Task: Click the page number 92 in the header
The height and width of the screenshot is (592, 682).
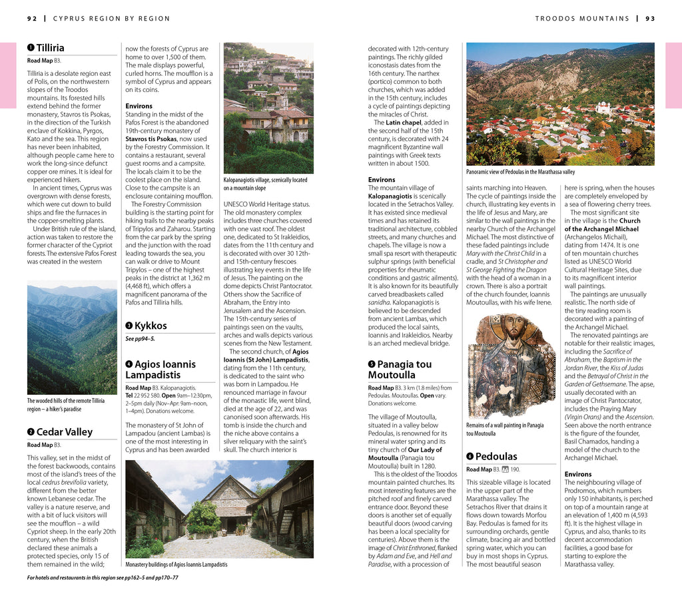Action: (x=32, y=19)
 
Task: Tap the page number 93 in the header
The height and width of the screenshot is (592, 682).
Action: (x=649, y=19)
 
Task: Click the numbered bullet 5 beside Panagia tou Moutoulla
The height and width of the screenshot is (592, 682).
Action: (x=372, y=364)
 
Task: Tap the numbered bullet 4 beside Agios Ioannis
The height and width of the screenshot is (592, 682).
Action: (x=129, y=364)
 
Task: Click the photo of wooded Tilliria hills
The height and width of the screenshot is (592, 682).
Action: (x=72, y=338)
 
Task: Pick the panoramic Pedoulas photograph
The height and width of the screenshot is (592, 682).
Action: (x=560, y=104)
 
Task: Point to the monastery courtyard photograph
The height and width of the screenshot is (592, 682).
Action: (x=219, y=509)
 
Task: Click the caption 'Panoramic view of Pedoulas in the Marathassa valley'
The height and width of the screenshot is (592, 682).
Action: (x=520, y=172)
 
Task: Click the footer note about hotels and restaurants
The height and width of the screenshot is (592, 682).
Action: (x=103, y=577)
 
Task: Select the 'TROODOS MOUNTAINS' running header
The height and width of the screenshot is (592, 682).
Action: (x=582, y=19)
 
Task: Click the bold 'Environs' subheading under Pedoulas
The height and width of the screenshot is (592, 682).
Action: (x=577, y=474)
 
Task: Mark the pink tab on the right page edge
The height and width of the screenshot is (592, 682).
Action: (x=673, y=75)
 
